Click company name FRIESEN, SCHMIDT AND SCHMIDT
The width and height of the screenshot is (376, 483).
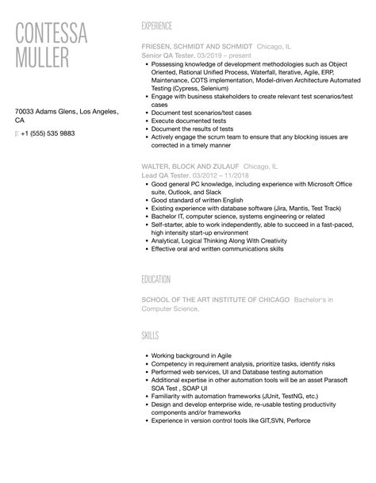(197, 48)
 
